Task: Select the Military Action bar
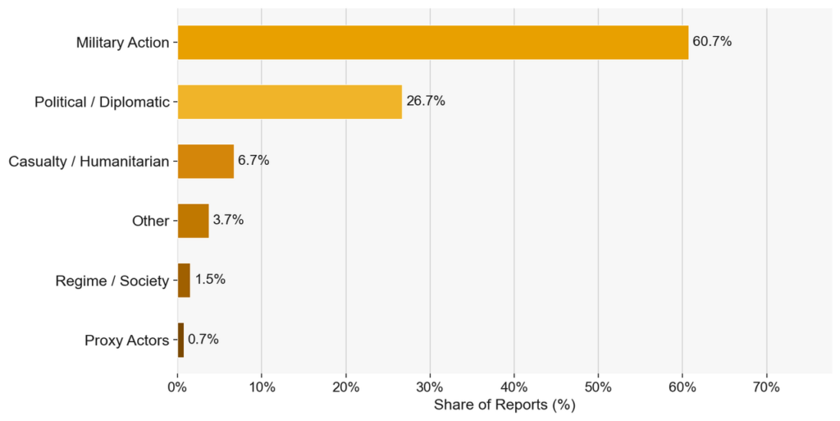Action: point(433,43)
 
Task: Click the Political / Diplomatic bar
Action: point(290,102)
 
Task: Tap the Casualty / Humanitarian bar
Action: point(206,161)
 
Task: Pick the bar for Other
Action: point(194,221)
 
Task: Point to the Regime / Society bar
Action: point(184,280)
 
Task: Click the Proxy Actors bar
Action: point(180,340)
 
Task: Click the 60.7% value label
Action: point(712,41)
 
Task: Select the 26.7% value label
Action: point(426,101)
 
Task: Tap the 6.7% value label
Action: point(253,160)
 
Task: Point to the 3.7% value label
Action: point(228,220)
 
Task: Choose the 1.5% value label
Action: point(210,279)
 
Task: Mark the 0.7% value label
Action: point(203,339)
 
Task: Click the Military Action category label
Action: point(123,43)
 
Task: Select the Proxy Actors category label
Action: point(127,341)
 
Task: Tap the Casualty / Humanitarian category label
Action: point(89,161)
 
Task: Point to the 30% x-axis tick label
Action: point(430,387)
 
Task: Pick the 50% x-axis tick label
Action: point(598,387)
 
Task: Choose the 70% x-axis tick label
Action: point(766,387)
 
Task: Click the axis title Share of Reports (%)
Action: point(504,405)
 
